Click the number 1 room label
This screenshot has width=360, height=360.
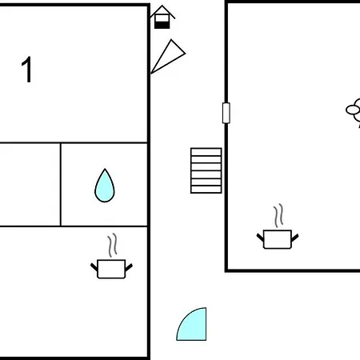27,70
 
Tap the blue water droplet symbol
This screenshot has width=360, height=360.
105,186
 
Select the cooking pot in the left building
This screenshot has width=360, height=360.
111,269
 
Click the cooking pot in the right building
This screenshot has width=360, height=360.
278,239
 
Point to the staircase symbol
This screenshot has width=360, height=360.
206,170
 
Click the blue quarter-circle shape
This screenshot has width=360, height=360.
194,326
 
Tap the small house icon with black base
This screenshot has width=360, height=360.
162,17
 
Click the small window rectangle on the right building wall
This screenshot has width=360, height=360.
226,113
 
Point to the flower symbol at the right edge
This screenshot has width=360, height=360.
354,112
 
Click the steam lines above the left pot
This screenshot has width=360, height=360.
113,245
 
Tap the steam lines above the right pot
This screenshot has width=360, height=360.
278,215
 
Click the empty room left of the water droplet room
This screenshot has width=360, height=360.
30,185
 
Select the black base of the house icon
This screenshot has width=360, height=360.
162,25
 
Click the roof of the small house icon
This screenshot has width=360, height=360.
162,10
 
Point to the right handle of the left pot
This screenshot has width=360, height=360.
129,267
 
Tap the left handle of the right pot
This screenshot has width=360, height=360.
260,238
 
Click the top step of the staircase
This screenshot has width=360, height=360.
206,152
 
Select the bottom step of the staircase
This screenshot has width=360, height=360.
206,190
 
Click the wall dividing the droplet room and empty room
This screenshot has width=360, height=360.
61,185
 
